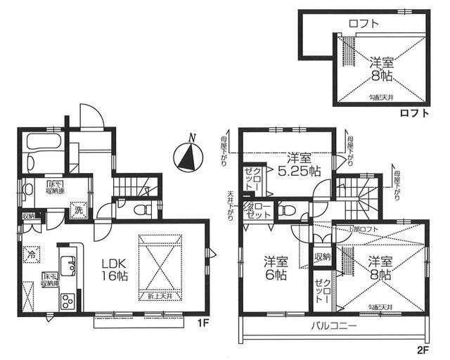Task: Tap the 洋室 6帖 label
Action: pos(275,268)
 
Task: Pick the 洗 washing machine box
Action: pos(79,210)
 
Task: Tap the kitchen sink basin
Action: pos(68,265)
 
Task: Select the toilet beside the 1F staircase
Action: pos(139,209)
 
